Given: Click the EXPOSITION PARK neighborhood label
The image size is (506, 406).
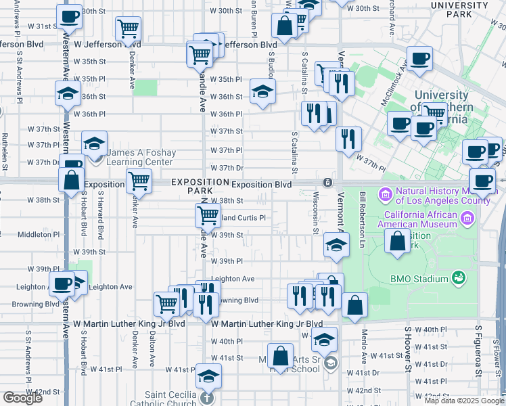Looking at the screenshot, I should (200, 186).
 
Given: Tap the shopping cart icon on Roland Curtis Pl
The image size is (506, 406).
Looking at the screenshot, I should (208, 216).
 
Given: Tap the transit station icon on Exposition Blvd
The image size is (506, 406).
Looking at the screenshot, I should (327, 182).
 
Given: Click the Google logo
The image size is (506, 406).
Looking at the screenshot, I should (22, 398).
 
